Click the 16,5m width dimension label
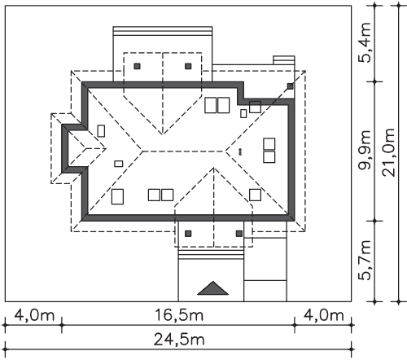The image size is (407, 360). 179,315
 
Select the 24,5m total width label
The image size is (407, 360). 179,340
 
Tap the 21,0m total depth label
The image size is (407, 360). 388,152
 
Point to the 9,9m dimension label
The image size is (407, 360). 365,150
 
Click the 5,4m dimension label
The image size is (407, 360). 365,42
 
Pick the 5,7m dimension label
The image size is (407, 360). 365,260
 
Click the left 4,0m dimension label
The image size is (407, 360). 34,315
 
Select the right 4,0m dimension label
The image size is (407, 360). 323,315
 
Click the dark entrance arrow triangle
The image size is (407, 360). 213,288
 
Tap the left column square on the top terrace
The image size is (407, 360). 138,66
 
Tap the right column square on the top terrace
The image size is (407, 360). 188,66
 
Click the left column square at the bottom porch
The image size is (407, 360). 188,234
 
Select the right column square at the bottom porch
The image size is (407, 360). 239,234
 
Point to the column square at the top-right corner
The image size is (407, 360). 291,86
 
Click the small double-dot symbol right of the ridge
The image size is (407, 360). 240,151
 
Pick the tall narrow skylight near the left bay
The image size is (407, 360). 101,131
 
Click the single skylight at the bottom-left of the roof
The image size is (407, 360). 117,196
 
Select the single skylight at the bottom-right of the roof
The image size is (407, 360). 256,195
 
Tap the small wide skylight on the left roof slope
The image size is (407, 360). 119,164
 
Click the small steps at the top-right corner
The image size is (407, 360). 284,60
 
